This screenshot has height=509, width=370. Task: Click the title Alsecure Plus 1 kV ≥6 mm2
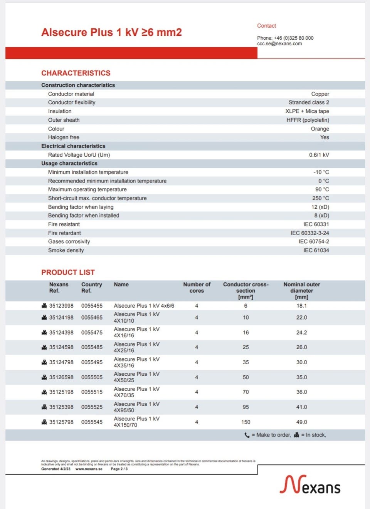coord(111,32)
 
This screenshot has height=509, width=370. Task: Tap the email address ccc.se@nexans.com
coord(279,44)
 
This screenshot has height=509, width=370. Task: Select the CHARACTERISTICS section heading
coord(76,73)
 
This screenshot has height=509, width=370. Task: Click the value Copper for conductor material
coord(320,94)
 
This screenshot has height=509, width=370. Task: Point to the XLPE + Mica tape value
coord(307,111)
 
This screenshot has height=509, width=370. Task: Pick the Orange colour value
coord(320,129)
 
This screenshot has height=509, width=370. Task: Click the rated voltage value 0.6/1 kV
coord(319,155)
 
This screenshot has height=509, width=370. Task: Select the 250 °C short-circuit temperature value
coord(320,198)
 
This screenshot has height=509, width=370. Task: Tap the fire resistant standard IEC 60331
coord(316,224)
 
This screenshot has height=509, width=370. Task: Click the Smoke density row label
coord(66,250)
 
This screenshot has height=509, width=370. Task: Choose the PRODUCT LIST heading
coord(68,272)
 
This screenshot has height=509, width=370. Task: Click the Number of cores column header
coord(197,288)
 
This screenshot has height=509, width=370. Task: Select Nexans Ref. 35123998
coord(61,306)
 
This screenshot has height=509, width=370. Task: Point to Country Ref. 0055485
coord(92,347)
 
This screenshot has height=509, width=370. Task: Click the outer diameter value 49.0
coord(301,422)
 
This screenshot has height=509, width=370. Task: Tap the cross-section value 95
coord(246,407)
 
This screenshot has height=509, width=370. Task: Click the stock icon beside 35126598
coord(44,377)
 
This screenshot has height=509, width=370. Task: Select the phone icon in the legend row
coord(247,435)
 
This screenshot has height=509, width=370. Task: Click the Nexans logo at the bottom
coord(310,485)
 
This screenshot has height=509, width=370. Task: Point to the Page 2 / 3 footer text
coord(119,469)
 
